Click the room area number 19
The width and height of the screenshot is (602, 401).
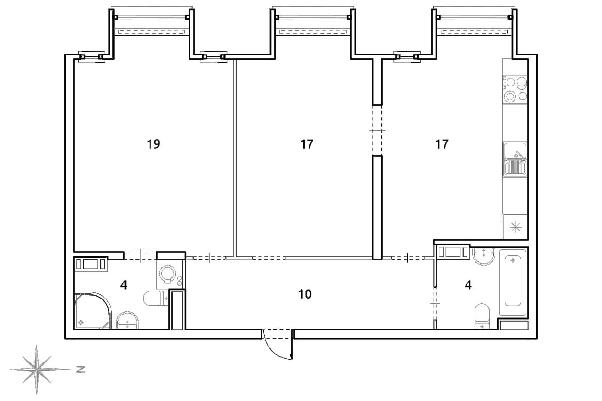153,144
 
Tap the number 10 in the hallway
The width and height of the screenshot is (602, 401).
305,294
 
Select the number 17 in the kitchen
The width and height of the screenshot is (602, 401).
442,144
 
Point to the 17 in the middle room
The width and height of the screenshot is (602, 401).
307,144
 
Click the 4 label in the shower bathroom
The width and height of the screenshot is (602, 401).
124,285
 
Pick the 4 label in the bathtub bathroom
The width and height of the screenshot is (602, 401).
468,285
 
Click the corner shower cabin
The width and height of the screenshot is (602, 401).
93,311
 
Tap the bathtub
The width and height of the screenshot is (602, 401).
513,282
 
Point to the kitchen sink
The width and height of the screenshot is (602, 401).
515,159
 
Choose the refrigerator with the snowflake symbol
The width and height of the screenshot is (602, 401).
515,227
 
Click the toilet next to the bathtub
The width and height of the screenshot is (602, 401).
482,316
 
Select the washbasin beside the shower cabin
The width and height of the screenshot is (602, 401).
127,320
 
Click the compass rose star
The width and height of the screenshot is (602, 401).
37,370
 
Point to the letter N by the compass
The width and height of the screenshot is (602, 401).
80,370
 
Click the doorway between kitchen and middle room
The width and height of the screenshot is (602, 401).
377,130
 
